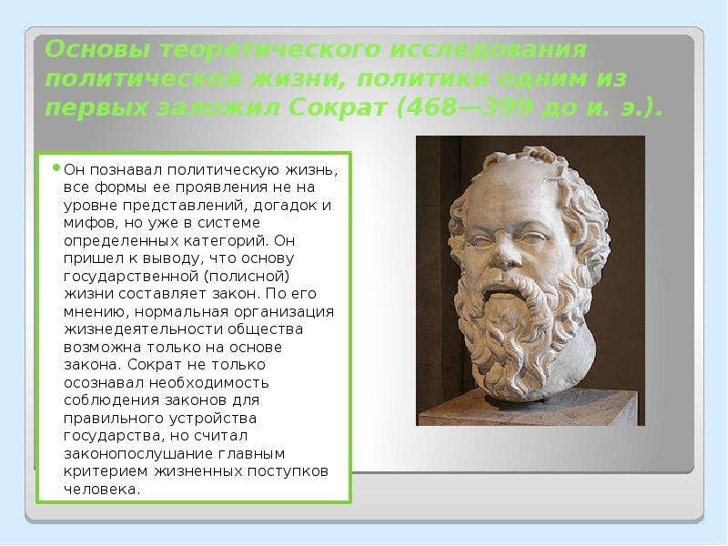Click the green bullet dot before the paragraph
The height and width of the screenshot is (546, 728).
coord(56,167)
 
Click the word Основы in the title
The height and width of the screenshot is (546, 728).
coord(97,50)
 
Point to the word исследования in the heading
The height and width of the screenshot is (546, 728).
coord(488,50)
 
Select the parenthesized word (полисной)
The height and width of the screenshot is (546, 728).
coord(247,277)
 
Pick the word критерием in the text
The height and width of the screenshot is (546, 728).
coord(106,471)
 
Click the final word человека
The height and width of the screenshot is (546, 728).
coord(102,490)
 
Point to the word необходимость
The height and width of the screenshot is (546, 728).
coord(209,382)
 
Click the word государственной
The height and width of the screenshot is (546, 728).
coord(131,277)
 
